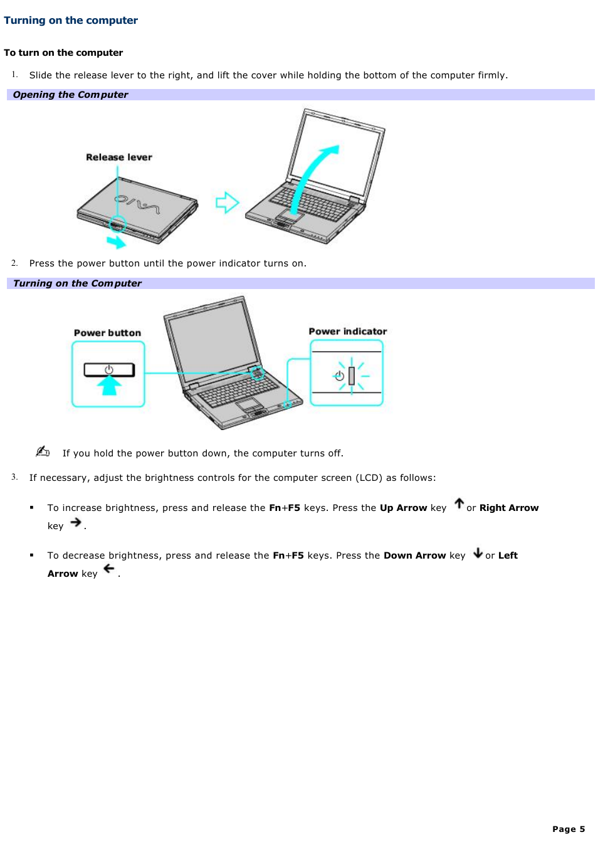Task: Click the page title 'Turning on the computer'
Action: pyautogui.click(x=71, y=20)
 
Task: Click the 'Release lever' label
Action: pyautogui.click(x=119, y=157)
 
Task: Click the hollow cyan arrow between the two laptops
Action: pyautogui.click(x=227, y=203)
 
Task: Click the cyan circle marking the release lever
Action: pyautogui.click(x=118, y=223)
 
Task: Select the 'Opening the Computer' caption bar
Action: pyautogui.click(x=300, y=95)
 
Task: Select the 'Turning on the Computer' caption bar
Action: pyautogui.click(x=300, y=283)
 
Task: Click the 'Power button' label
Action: pyautogui.click(x=107, y=333)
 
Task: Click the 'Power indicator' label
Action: pyautogui.click(x=347, y=331)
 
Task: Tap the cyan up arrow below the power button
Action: pyautogui.click(x=109, y=386)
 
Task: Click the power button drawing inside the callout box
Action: pyautogui.click(x=109, y=369)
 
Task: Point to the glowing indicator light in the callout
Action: pyautogui.click(x=352, y=376)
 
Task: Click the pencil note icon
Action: pyautogui.click(x=43, y=451)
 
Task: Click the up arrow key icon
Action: pyautogui.click(x=459, y=503)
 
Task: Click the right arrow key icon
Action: pyautogui.click(x=76, y=522)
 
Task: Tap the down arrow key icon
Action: pyautogui.click(x=478, y=552)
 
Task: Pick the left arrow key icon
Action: pyautogui.click(x=109, y=569)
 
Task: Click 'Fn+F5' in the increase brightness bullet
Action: pyautogui.click(x=285, y=508)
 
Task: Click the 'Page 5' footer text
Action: pyautogui.click(x=568, y=829)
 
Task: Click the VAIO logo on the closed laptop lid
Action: pyautogui.click(x=137, y=203)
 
